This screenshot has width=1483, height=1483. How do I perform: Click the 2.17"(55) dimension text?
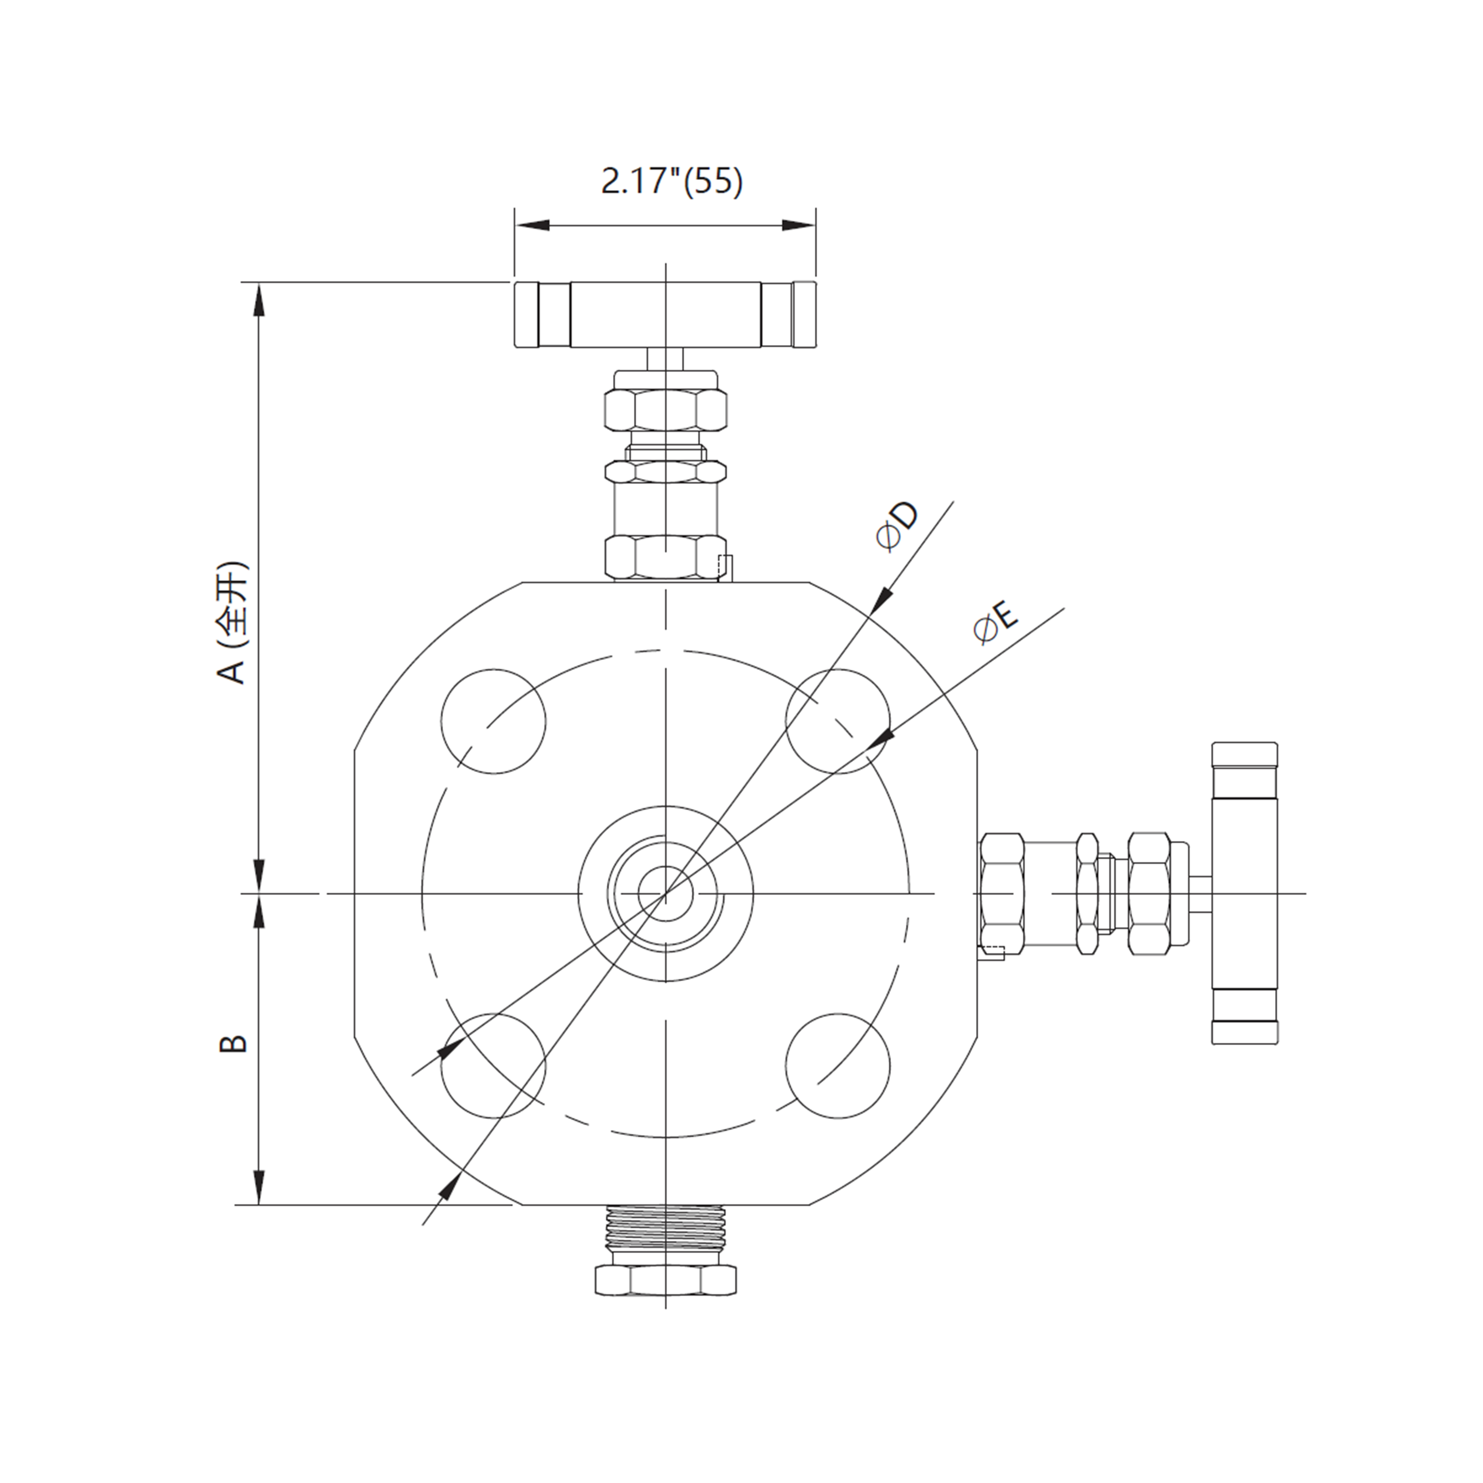point(672,183)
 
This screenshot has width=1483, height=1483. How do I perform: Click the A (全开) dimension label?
point(233,624)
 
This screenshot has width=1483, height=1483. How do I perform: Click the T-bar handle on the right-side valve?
point(1244,893)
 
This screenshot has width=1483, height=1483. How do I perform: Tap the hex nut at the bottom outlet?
point(666,1280)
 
